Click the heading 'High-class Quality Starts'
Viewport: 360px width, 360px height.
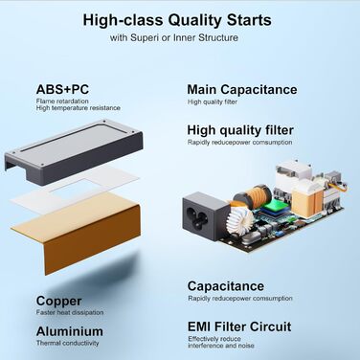click(x=177, y=20)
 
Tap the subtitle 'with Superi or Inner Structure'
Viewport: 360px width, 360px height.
click(x=174, y=37)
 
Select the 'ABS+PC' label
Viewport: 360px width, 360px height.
click(x=62, y=89)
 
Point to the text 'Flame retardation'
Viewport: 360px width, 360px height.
click(x=62, y=101)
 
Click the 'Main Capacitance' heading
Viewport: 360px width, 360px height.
click(x=242, y=89)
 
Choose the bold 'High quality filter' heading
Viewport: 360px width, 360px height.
click(x=240, y=130)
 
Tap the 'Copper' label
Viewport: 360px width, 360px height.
click(x=58, y=301)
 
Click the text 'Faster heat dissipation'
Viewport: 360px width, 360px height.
click(x=70, y=312)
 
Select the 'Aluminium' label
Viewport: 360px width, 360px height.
click(x=70, y=331)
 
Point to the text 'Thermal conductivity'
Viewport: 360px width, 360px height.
click(x=67, y=343)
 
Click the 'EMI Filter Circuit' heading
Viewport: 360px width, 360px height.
click(x=239, y=326)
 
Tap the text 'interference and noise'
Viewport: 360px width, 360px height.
click(x=221, y=346)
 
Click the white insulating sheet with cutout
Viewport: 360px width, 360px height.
click(x=75, y=191)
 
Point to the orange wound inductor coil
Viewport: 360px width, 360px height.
click(x=253, y=194)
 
